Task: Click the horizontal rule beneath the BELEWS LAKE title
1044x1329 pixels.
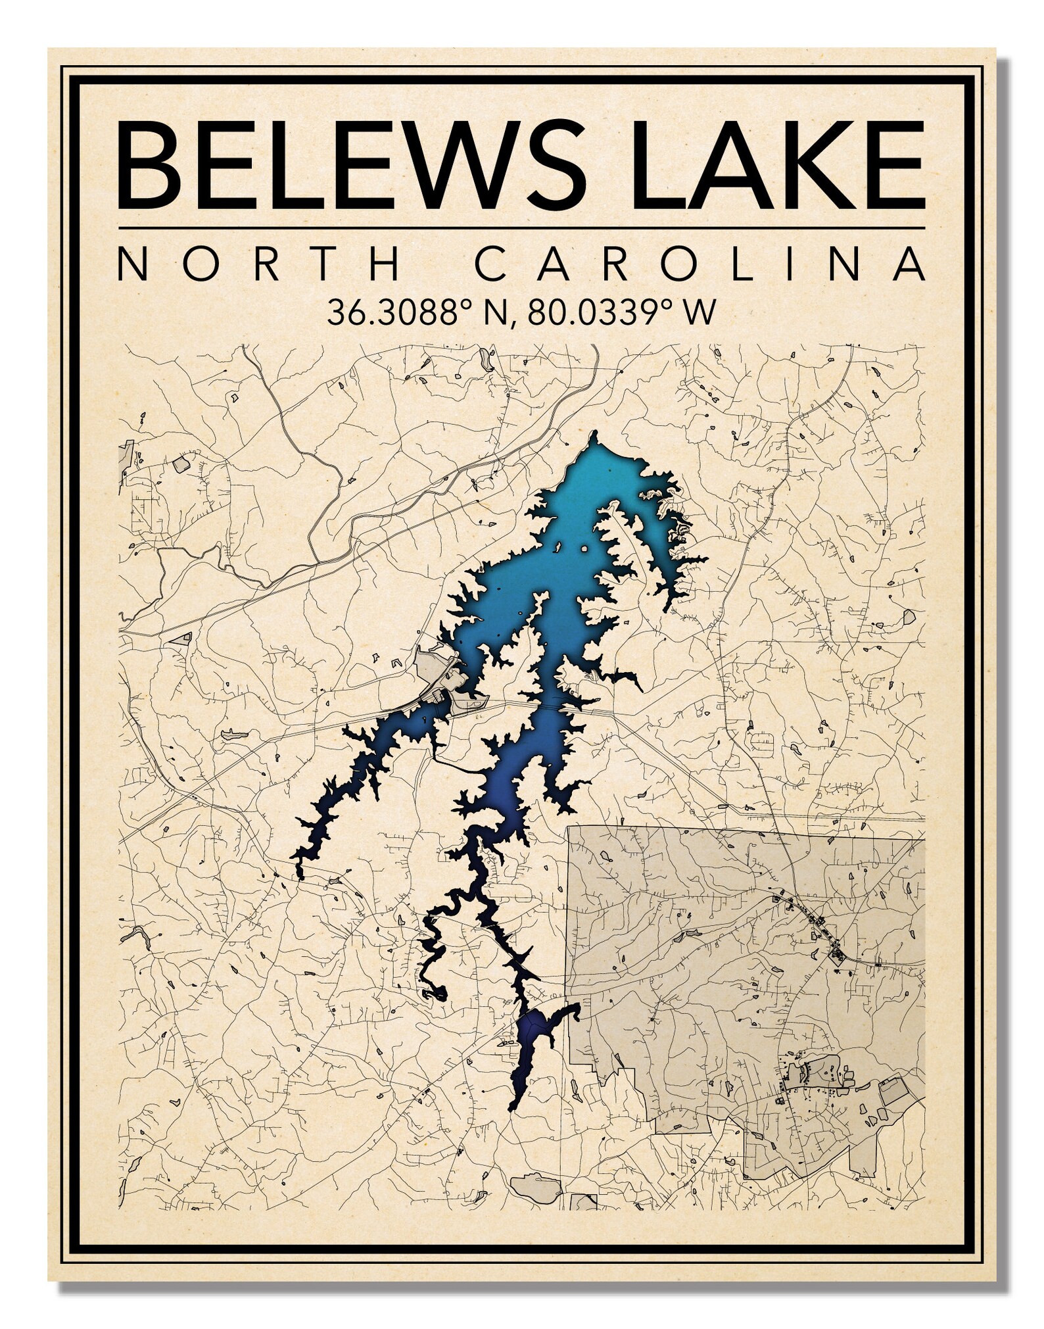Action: tap(521, 228)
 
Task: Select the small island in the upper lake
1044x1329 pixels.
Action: tap(583, 548)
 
